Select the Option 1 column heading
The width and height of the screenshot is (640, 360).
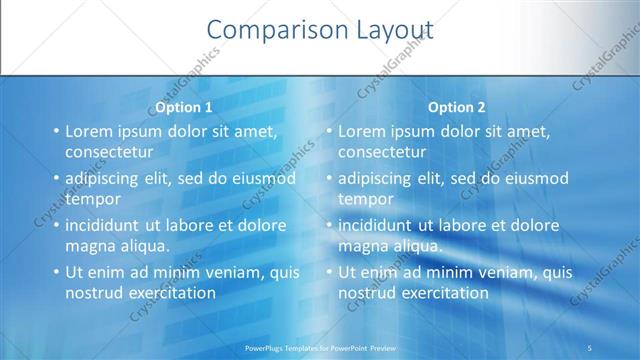click(x=184, y=107)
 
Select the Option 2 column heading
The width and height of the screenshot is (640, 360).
click(x=457, y=107)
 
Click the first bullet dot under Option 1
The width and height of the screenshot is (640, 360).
click(x=55, y=131)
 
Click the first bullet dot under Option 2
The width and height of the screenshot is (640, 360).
click(x=328, y=131)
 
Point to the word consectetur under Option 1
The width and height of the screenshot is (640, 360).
click(x=109, y=152)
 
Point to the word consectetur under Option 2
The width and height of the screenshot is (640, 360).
click(x=382, y=152)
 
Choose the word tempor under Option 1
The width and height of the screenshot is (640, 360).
click(x=93, y=198)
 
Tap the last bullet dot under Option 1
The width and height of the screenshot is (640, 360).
click(x=55, y=272)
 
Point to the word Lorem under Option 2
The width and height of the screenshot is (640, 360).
click(x=361, y=131)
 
